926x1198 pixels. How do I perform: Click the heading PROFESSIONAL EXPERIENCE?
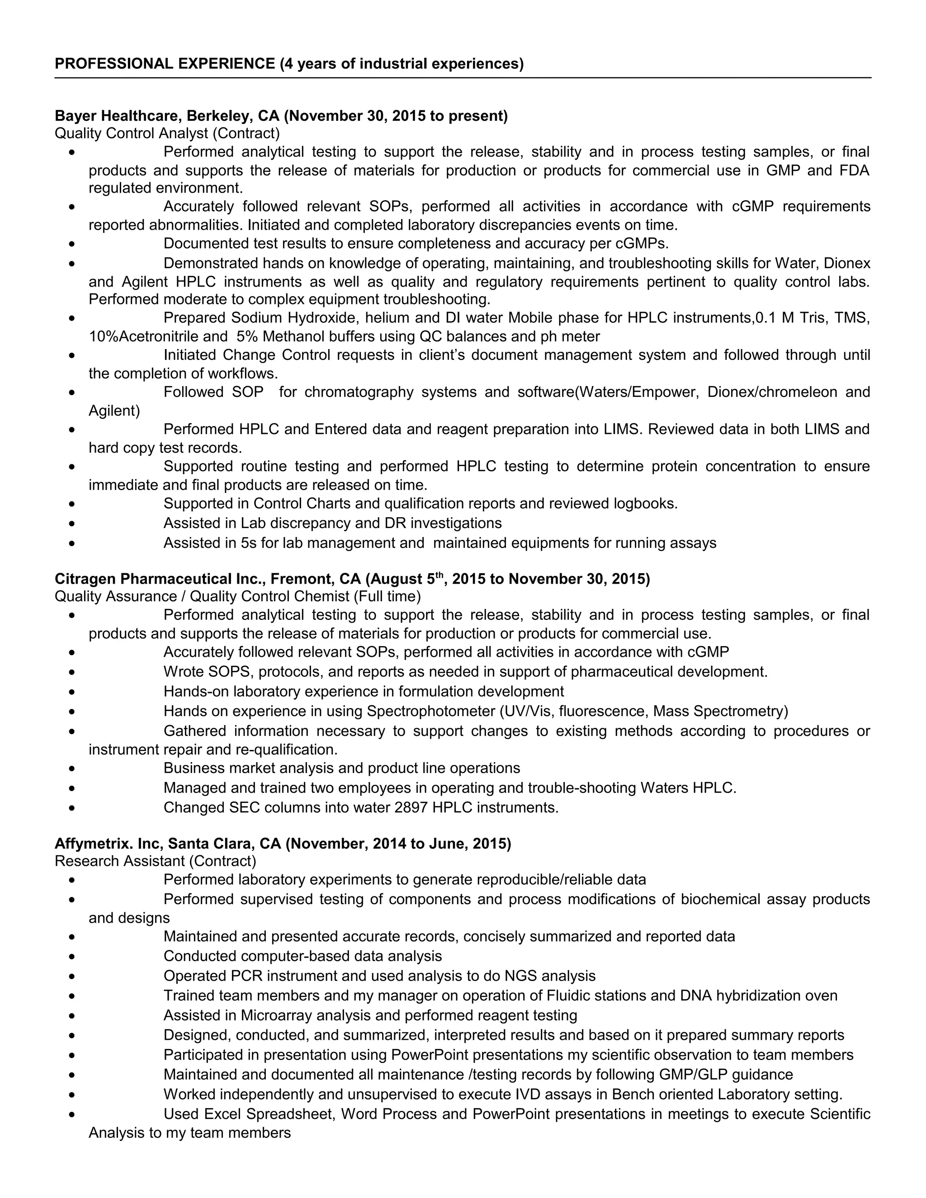tap(165, 64)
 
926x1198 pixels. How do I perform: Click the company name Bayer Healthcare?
tap(118, 116)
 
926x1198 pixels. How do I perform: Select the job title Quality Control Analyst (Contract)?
tap(167, 133)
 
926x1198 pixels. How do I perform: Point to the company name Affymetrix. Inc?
tap(107, 844)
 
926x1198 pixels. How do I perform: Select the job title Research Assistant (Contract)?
tap(155, 861)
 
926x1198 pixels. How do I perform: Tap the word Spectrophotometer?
tap(430, 711)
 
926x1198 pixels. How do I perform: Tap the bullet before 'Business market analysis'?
tap(72, 769)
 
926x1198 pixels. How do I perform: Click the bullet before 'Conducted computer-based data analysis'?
tap(72, 957)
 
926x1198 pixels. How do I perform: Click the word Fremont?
tap(301, 579)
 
